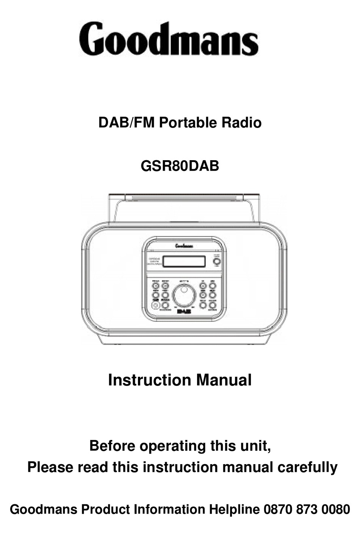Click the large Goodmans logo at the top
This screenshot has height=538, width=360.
click(169, 39)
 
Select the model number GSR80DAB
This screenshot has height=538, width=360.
click(180, 166)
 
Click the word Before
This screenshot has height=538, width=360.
click(112, 446)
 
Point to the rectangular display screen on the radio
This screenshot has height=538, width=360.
click(184, 262)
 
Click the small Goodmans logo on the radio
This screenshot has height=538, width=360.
click(184, 246)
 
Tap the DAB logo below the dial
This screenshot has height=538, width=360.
click(185, 311)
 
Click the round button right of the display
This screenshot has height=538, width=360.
click(216, 261)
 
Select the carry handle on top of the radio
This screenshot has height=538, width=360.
click(184, 198)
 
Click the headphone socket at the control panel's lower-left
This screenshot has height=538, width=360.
click(155, 305)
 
